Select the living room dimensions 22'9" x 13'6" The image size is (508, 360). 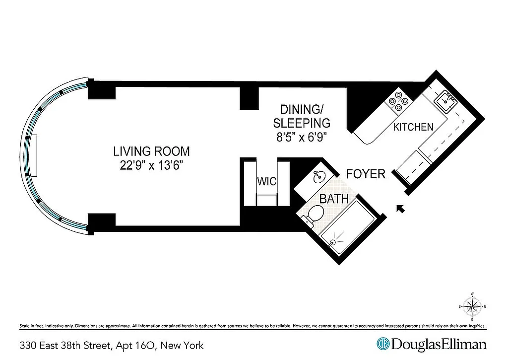tap(151, 166)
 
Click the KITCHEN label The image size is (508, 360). tap(413, 127)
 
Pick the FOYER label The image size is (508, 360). tap(366, 174)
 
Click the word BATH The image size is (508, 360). tap(334, 200)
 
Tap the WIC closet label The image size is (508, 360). tap(266, 181)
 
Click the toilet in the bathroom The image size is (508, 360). tap(314, 215)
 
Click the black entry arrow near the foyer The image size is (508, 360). tap(400, 209)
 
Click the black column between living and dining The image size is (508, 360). tap(250, 98)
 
